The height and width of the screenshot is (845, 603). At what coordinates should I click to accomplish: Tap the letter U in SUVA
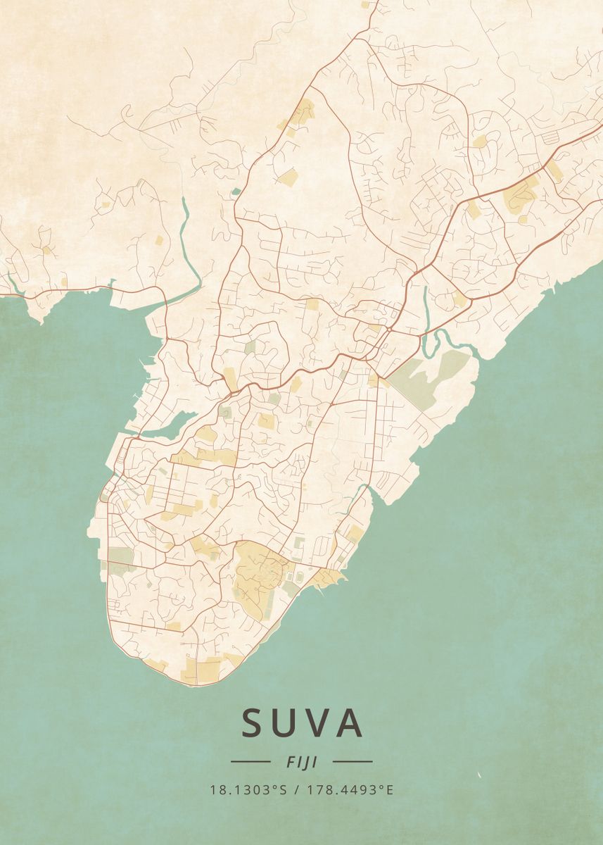click(x=288, y=723)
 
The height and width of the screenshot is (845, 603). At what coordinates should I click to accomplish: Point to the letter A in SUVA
click(x=350, y=723)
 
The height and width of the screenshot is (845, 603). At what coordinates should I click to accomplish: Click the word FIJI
click(x=302, y=761)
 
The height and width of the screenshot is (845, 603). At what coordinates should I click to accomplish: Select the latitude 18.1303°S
click(x=248, y=789)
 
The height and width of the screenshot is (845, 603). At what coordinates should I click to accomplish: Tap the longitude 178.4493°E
click(x=350, y=789)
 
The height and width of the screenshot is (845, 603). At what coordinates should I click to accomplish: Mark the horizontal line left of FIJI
click(x=250, y=761)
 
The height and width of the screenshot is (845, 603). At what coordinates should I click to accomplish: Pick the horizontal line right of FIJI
click(x=353, y=761)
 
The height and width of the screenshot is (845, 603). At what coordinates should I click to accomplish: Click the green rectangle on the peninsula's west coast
click(x=121, y=556)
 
